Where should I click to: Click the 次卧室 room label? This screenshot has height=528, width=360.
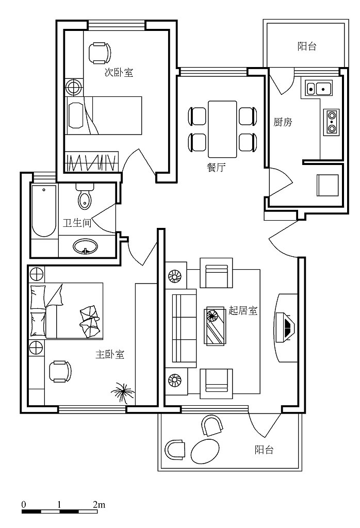(x=119, y=72)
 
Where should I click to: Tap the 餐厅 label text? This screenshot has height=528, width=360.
(x=216, y=168)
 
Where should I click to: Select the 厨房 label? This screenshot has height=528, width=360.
(x=283, y=122)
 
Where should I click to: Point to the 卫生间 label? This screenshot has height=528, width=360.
(x=77, y=223)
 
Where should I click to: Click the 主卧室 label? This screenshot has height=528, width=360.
(x=110, y=354)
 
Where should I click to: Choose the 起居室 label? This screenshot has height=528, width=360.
(x=243, y=310)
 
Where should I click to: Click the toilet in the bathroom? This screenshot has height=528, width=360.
(x=84, y=196)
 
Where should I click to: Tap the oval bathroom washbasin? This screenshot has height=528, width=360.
(x=85, y=246)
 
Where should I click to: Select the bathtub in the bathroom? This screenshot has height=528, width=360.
(x=44, y=211)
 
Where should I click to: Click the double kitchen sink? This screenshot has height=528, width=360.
(x=319, y=88)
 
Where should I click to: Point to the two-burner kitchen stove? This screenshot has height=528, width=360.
(x=331, y=122)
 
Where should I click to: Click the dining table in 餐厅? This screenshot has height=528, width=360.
(x=222, y=129)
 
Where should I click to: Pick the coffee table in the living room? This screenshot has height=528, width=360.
(x=215, y=326)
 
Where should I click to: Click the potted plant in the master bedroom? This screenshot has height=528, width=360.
(x=123, y=392)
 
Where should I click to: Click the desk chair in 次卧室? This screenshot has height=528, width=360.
(x=99, y=53)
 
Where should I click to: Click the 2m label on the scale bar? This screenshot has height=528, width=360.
(x=99, y=505)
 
